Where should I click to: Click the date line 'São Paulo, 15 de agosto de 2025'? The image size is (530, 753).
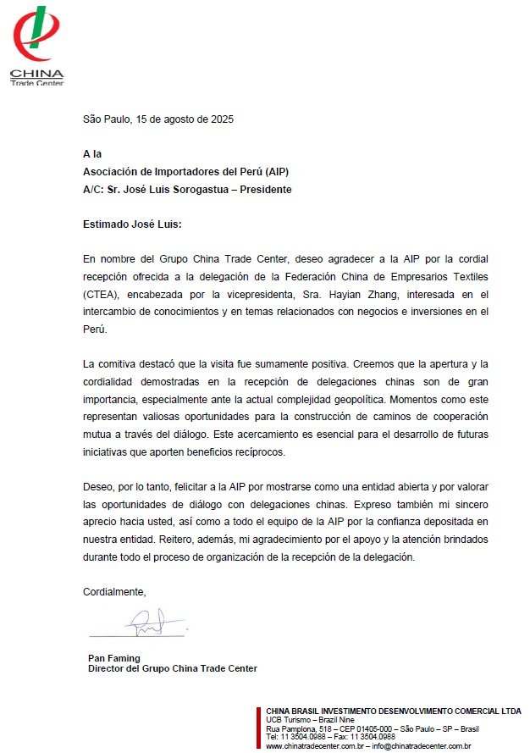pyautogui.click(x=158, y=119)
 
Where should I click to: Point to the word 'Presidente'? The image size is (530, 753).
pyautogui.click(x=264, y=189)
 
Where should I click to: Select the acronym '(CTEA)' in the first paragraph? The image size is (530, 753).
pyautogui.click(x=100, y=294)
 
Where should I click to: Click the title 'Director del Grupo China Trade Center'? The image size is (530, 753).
pyautogui.click(x=173, y=668)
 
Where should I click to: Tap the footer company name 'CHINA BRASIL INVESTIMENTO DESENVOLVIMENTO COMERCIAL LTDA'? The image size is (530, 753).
pyautogui.click(x=394, y=711)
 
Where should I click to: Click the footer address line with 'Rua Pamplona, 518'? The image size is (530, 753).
pyautogui.click(x=373, y=729)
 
